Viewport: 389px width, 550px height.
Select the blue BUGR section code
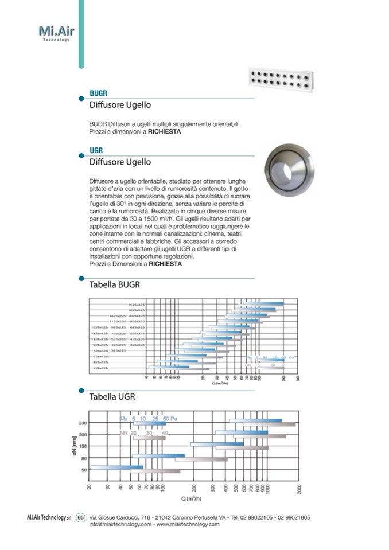pyautogui.click(x=99, y=93)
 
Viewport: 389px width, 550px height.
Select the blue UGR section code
pyautogui.click(x=96, y=150)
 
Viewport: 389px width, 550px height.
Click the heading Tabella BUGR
pyautogui.click(x=115, y=284)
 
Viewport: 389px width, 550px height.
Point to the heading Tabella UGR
pyautogui.click(x=112, y=396)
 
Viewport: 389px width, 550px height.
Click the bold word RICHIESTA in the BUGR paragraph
pyautogui.click(x=165, y=131)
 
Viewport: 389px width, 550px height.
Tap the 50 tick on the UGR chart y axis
pyautogui.click(x=84, y=470)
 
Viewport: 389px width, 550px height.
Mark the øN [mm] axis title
pyautogui.click(x=74, y=446)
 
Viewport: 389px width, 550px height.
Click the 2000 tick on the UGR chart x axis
pyautogui.click(x=299, y=489)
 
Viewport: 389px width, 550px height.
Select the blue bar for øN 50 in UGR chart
pyautogui.click(x=117, y=467)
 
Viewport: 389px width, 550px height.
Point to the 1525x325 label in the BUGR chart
pyautogui.click(x=136, y=305)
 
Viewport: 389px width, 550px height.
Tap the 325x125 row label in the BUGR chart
pyautogui.click(x=100, y=368)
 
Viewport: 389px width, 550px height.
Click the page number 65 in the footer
pyautogui.click(x=80, y=518)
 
